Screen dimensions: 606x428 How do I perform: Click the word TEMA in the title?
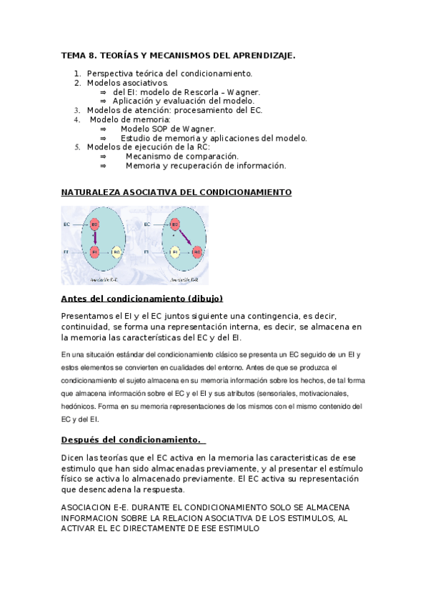(x=73, y=55)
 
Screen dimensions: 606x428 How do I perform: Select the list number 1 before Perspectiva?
(x=77, y=74)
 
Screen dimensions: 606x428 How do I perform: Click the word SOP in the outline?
(x=161, y=129)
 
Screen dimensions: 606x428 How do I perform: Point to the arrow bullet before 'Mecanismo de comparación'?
(x=103, y=157)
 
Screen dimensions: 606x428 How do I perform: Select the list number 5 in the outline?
(x=78, y=147)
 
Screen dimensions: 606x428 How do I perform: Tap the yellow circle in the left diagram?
(x=116, y=252)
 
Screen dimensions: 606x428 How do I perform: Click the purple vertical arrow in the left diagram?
(x=95, y=238)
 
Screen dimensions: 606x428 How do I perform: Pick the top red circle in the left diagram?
(x=94, y=225)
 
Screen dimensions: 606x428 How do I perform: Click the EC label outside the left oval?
(x=66, y=225)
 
